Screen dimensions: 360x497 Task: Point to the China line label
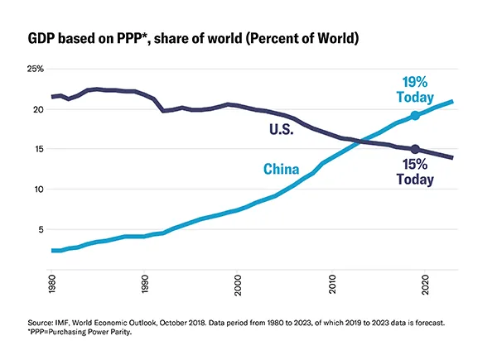click(282, 170)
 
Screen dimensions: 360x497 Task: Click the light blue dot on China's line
click(415, 116)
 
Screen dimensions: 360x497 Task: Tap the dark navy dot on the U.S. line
click(415, 150)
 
